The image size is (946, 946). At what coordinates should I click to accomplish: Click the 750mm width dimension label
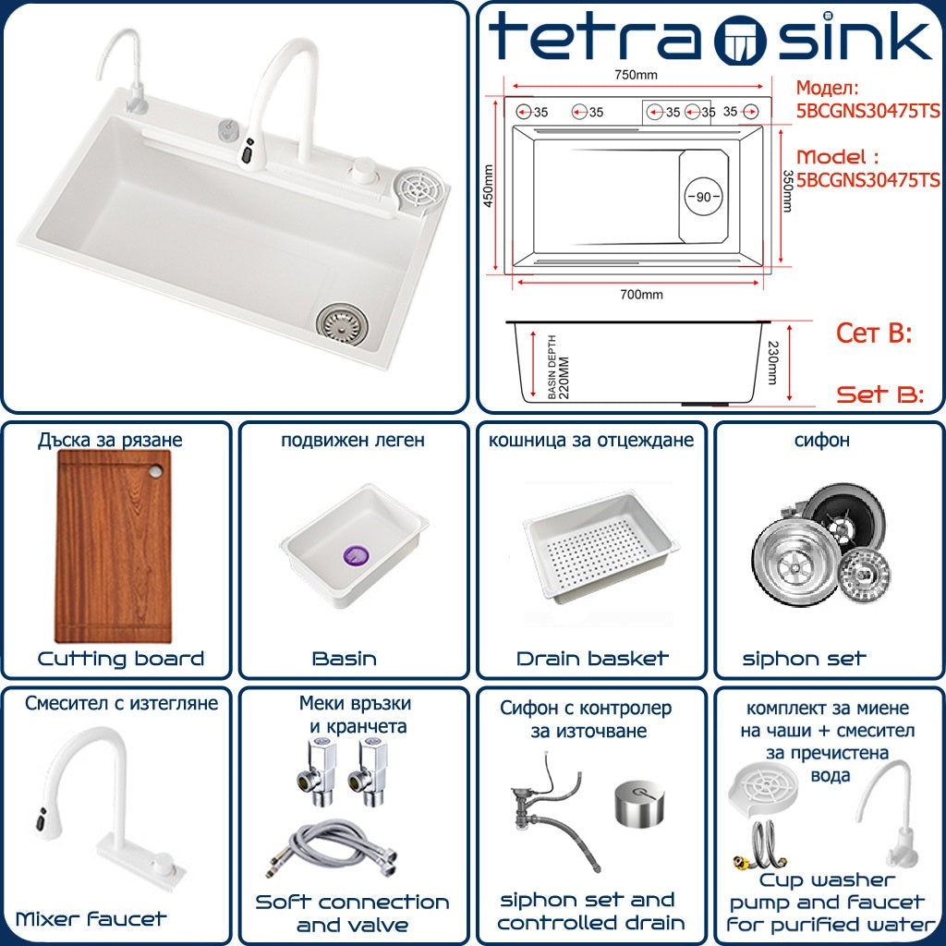point(636,75)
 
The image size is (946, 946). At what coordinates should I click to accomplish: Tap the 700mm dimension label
point(641,295)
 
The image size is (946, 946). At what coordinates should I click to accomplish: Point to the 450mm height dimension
point(488,186)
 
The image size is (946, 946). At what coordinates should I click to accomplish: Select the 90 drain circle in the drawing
point(703,197)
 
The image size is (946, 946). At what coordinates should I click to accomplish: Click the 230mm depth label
point(773,362)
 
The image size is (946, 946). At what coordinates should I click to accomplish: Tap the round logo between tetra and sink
point(740,40)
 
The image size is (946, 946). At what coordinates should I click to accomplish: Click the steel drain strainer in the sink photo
point(342,324)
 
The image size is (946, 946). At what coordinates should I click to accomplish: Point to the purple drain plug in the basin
point(356,555)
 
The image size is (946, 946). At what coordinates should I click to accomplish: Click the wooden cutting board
point(114,546)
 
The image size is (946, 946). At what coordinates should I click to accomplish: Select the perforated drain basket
point(600,547)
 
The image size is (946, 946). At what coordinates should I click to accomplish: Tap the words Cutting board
point(121,659)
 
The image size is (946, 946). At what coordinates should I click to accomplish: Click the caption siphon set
point(804,659)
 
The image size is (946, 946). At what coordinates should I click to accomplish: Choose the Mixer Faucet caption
point(91,919)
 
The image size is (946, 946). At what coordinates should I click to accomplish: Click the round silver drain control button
point(640,803)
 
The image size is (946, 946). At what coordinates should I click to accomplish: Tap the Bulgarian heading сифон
point(821,441)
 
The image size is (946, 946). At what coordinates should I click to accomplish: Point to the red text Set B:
point(880,394)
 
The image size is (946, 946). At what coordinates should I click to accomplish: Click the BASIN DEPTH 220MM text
point(559,367)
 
